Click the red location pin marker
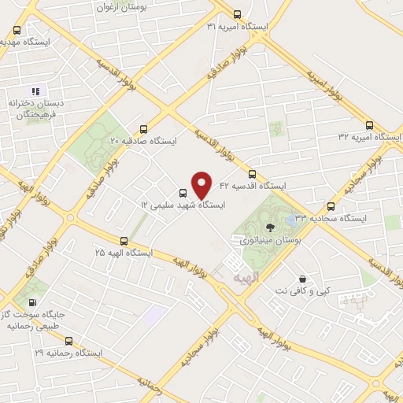pyautogui.click(x=202, y=185)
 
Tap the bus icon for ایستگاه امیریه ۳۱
pyautogui.click(x=238, y=14)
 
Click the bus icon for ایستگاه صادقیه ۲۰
pyautogui.click(x=142, y=129)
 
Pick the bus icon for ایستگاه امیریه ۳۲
pyautogui.click(x=369, y=124)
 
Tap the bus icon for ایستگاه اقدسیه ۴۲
pyautogui.click(x=252, y=174)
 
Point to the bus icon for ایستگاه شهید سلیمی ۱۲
pyautogui.click(x=183, y=193)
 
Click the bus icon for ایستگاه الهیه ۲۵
pyautogui.click(x=124, y=241)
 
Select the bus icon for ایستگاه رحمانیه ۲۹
pyautogui.click(x=68, y=342)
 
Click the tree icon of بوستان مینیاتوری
pyautogui.click(x=271, y=227)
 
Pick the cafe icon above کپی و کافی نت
pyautogui.click(x=302, y=279)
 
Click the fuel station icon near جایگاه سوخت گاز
pyautogui.click(x=32, y=303)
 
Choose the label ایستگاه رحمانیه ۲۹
pyautogui.click(x=65, y=354)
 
